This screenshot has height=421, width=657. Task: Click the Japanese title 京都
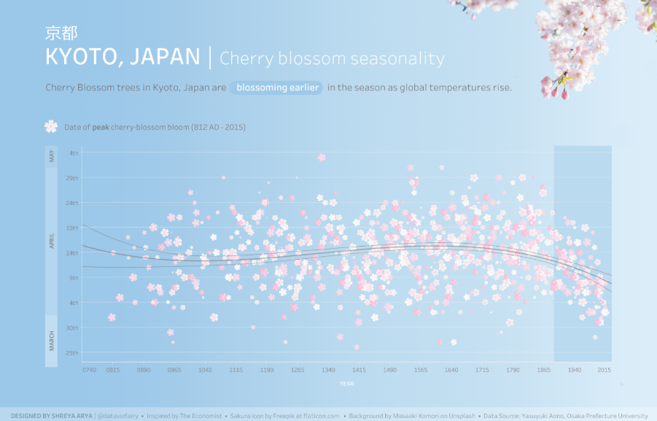[61, 33]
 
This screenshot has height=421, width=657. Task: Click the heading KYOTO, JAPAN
[123, 58]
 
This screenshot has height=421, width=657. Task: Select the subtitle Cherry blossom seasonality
[332, 58]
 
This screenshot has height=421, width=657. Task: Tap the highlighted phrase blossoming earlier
[277, 88]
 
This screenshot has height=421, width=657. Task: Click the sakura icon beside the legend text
[51, 127]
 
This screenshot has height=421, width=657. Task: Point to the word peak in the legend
[101, 127]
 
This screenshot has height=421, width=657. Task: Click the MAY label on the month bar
[52, 155]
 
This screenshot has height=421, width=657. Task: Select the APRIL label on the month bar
[52, 242]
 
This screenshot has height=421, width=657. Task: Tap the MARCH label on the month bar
[52, 341]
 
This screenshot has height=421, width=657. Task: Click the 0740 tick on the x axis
[90, 371]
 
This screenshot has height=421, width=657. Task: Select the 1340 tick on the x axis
[328, 371]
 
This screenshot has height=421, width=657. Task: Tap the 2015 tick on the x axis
[604, 371]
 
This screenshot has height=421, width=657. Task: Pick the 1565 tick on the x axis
[421, 371]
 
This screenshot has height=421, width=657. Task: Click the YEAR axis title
[347, 384]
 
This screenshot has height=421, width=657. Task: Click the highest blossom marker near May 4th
[322, 157]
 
